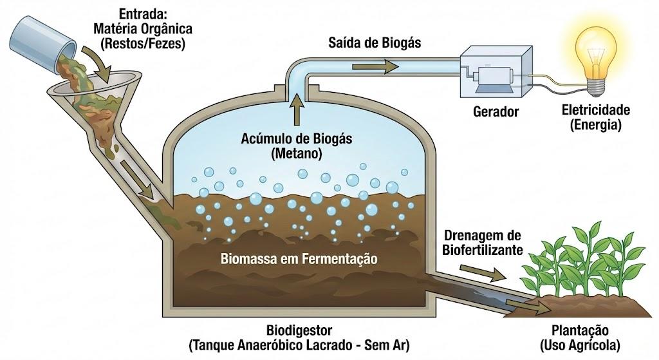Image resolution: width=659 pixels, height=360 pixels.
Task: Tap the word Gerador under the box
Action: pyautogui.click(x=496, y=111)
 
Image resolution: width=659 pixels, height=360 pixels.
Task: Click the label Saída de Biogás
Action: pyautogui.click(x=374, y=43)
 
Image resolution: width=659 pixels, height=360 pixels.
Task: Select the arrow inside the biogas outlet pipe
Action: pyautogui.click(x=375, y=66)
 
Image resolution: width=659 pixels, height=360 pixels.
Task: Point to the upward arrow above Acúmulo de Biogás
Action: pyautogui.click(x=297, y=109)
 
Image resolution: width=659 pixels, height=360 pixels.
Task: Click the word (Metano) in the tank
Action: pyautogui.click(x=297, y=153)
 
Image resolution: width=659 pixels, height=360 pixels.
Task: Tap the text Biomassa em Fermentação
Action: pyautogui.click(x=299, y=258)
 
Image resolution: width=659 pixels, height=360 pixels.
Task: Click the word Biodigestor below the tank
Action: pyautogui.click(x=299, y=330)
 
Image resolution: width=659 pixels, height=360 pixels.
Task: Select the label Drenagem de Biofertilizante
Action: pyautogui.click(x=482, y=242)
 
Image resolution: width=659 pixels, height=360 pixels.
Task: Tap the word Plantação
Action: pyautogui.click(x=580, y=330)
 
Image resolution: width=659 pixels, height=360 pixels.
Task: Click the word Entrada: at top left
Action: pyautogui.click(x=143, y=14)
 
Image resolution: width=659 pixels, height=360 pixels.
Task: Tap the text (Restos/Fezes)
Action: pyautogui.click(x=142, y=43)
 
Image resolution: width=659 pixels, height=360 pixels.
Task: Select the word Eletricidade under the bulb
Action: pyautogui.click(x=595, y=109)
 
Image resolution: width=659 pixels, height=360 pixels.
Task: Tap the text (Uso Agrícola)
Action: pyautogui.click(x=580, y=345)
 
